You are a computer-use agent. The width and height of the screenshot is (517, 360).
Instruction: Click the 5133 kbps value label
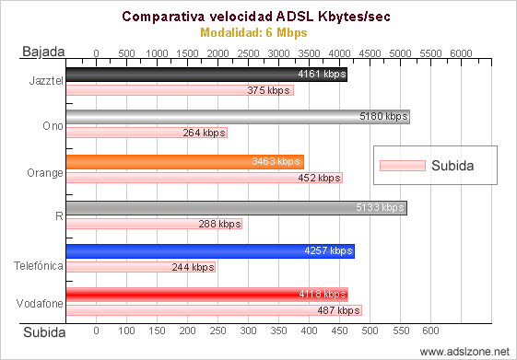[381, 208]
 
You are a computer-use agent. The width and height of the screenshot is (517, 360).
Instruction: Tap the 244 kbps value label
[193, 268]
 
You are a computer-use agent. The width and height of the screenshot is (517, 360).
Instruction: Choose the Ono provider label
[53, 126]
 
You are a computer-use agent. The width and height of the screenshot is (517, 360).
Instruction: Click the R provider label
[60, 215]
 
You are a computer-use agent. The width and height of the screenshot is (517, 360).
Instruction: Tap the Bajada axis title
[42, 53]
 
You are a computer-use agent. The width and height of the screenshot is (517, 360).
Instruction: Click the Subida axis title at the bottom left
[43, 331]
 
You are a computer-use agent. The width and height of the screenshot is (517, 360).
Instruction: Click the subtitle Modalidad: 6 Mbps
[253, 32]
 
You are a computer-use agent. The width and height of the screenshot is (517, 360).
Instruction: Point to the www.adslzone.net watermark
[464, 352]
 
